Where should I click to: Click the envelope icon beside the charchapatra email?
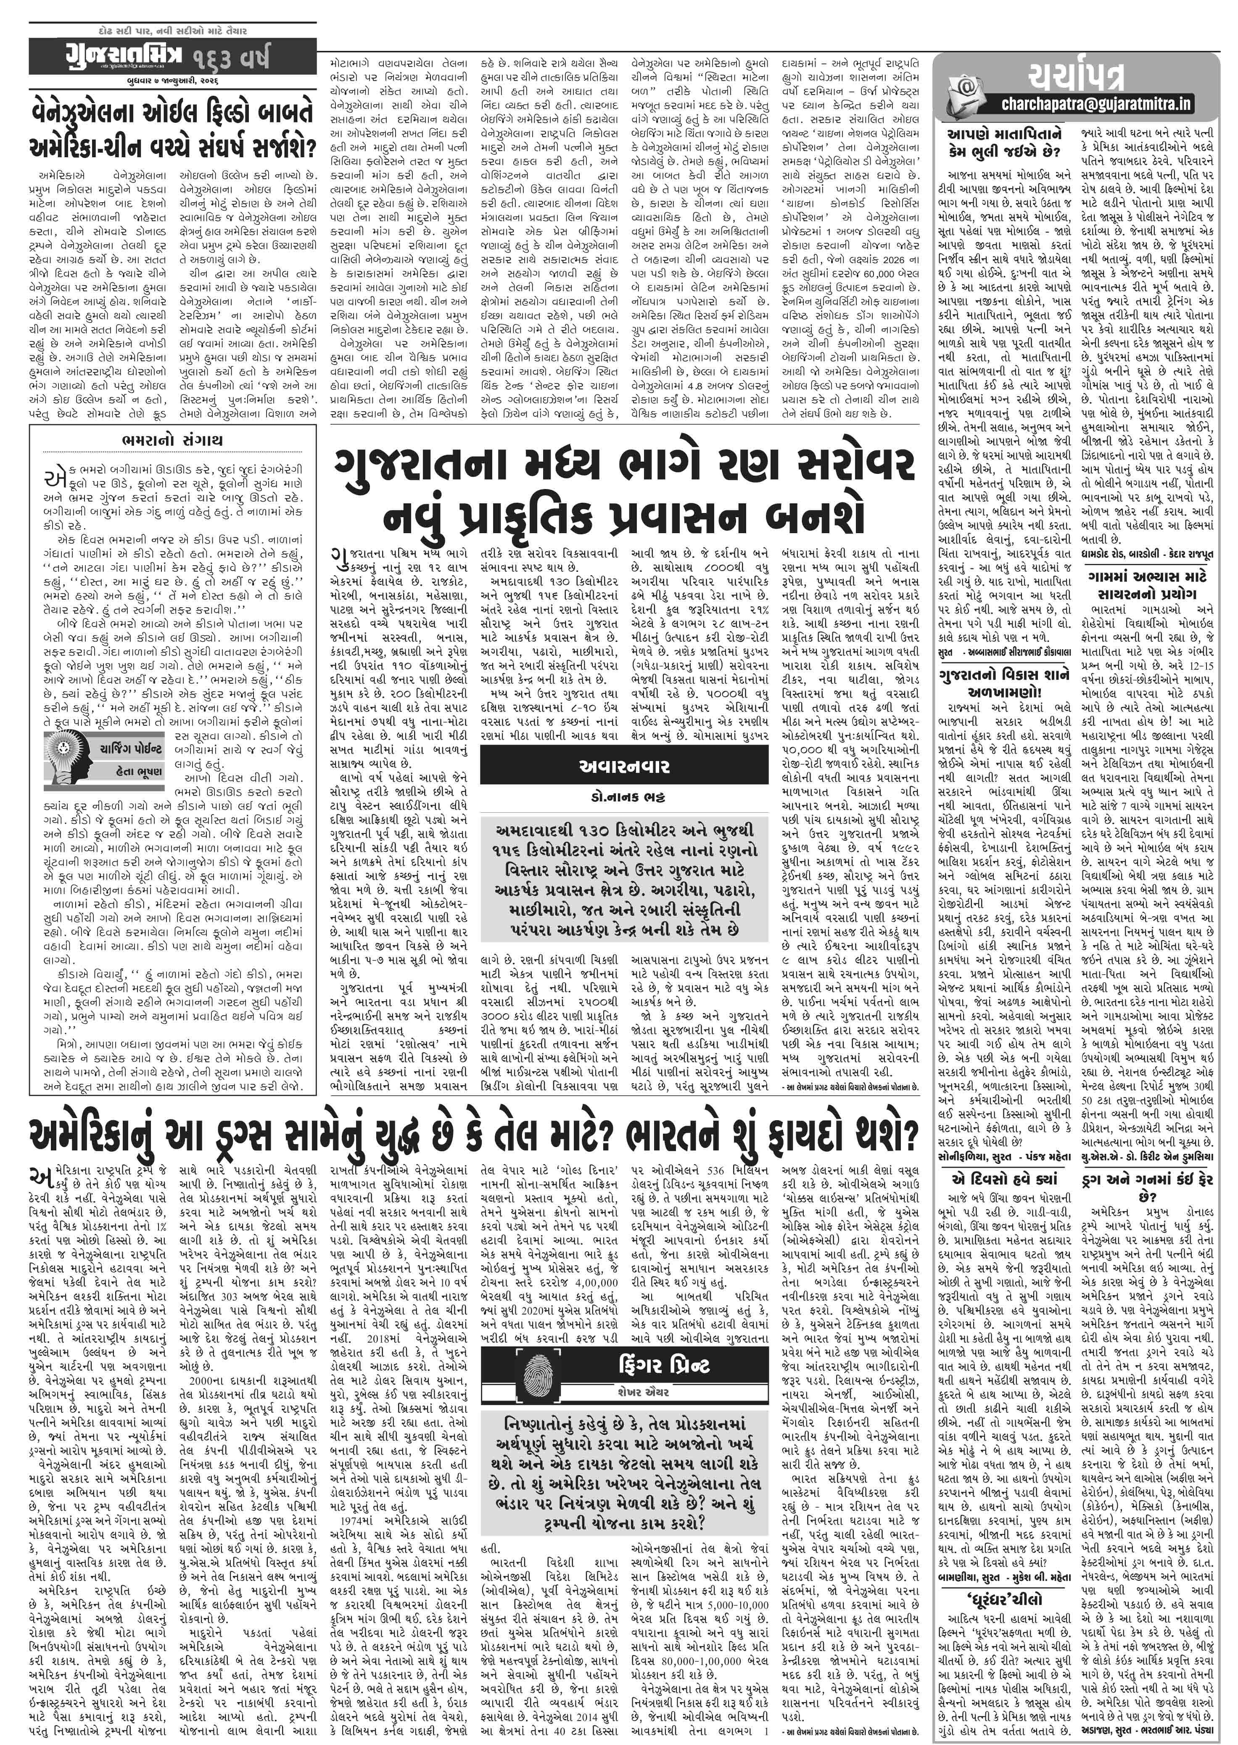click(x=965, y=92)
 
